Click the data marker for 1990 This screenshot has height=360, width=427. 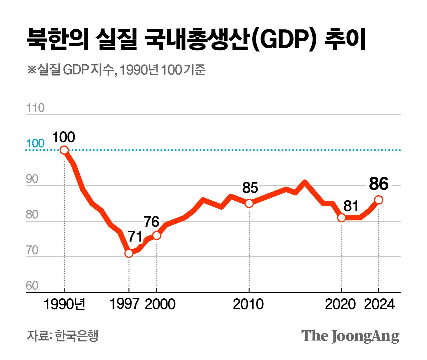64,150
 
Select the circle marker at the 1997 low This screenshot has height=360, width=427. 129,253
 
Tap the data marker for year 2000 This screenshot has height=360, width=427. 156,236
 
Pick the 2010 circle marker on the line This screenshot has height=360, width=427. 249,203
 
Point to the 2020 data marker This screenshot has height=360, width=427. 341,218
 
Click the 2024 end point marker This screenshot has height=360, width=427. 379,200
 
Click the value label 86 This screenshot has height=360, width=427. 379,184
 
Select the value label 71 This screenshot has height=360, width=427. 135,237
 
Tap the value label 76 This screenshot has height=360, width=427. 151,222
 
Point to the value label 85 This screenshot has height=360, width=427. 250,188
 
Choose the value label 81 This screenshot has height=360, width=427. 351,206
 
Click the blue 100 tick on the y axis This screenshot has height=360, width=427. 35,143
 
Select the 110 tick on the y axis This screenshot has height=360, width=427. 35,108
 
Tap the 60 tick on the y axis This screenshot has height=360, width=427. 32,286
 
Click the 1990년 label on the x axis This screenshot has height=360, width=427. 64,304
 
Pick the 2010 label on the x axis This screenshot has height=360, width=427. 248,304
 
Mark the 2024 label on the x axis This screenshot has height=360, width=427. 379,304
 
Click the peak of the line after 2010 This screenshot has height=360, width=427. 305,182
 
